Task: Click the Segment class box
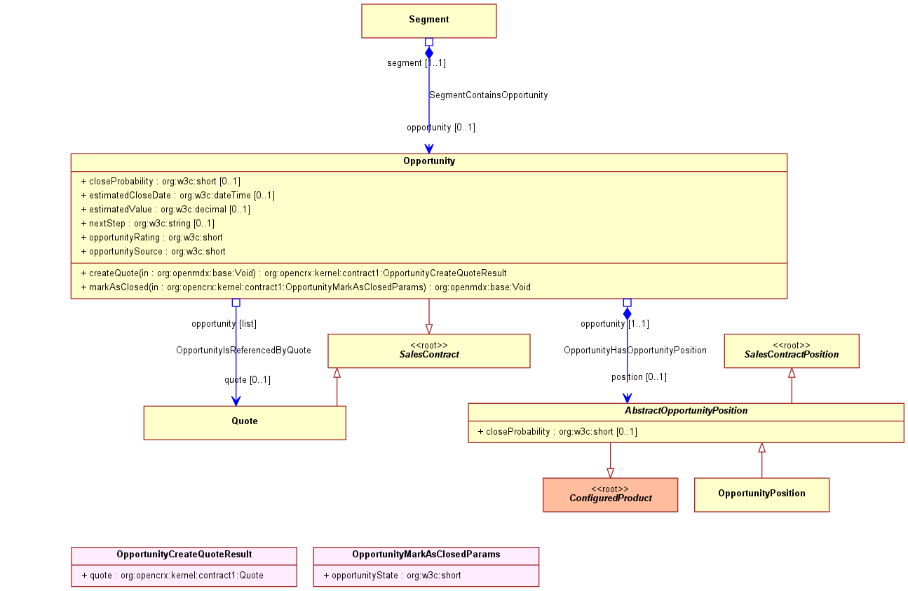pos(429,21)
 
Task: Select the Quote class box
pos(245,423)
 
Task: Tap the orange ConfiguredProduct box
pos(610,495)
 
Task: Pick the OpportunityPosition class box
pos(761,495)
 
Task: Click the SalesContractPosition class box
pos(792,351)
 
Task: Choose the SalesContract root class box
pos(429,351)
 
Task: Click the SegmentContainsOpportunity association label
pos(489,95)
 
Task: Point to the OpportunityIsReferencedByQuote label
pos(243,351)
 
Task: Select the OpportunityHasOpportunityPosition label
pos(635,351)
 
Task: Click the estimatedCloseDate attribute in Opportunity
pos(178,196)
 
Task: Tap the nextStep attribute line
pos(147,224)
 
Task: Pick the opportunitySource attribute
pos(154,251)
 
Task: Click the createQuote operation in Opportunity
pos(294,273)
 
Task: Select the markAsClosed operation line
pos(306,287)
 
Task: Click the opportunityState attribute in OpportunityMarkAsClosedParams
pos(393,575)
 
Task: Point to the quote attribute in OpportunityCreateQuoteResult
pos(172,575)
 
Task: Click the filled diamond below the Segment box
pos(429,53)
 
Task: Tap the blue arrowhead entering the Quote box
pos(236,401)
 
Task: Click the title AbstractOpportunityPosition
pos(686,411)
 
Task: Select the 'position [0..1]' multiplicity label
pos(639,377)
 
